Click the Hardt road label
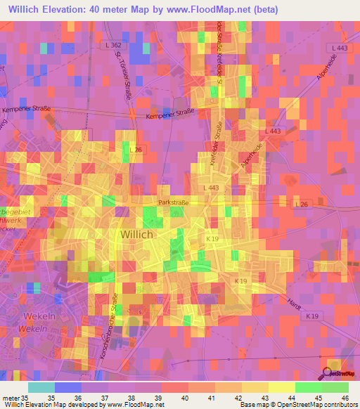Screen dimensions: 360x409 [294, 302]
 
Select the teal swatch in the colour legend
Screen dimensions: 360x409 [41, 387]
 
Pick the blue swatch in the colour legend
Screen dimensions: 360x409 [68, 387]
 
